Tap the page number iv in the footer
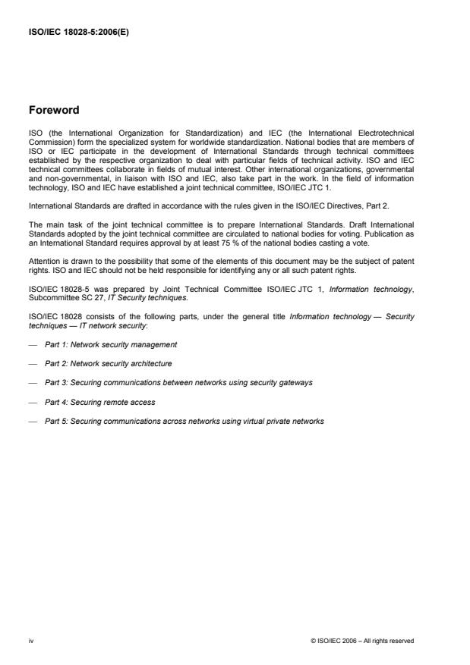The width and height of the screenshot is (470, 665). (32, 641)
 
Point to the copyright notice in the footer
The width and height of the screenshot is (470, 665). (362, 641)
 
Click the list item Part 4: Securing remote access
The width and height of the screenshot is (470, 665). (99, 402)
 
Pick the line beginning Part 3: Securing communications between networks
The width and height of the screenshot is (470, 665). (178, 383)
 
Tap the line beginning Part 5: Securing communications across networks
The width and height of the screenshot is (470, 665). (185, 422)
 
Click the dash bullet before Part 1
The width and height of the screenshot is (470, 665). (32, 344)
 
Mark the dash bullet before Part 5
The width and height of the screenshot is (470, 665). (32, 422)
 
